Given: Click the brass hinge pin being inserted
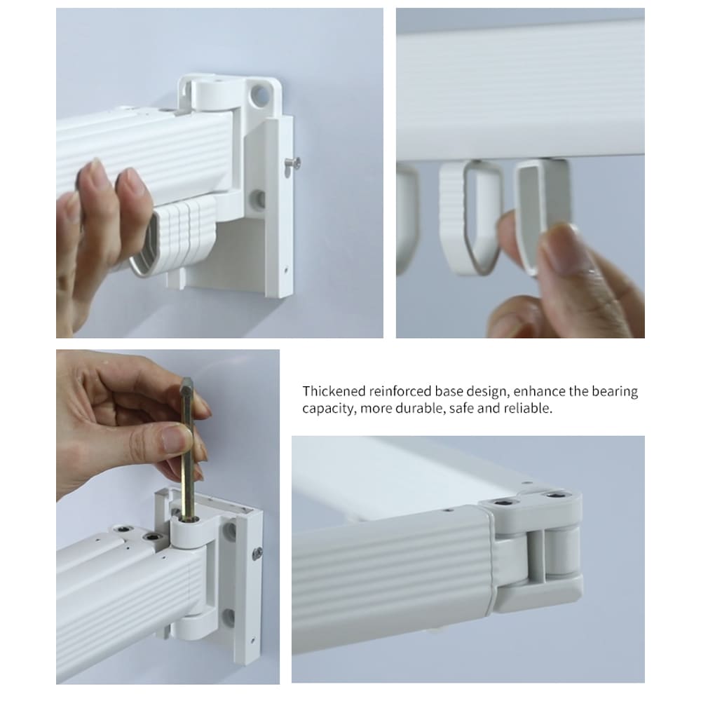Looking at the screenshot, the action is point(188,449).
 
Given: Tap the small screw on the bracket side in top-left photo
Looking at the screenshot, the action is point(293,163).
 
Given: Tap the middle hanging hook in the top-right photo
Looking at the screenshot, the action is point(472,218).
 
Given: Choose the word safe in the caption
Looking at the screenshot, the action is point(461,408).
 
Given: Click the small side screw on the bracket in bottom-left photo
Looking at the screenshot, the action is point(258,554).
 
